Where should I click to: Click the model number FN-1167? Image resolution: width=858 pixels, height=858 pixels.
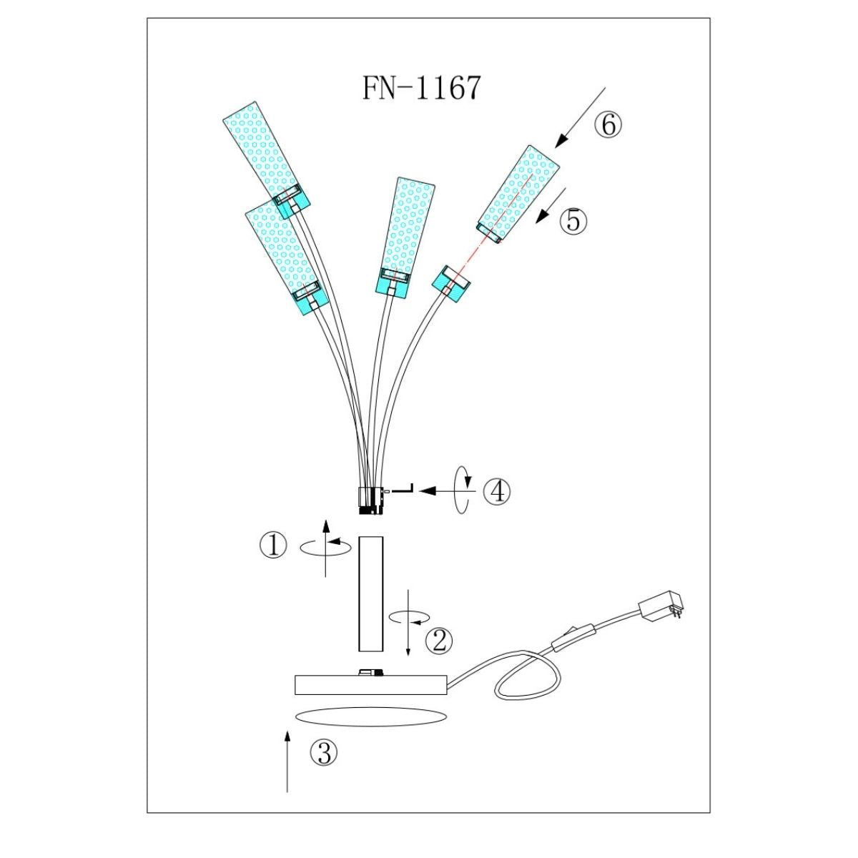pos(421,88)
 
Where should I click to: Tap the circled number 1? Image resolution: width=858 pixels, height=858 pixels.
pos(272,547)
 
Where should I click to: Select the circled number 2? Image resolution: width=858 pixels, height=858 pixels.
pos(439,640)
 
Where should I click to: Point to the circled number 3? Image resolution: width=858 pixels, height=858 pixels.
pos(323,752)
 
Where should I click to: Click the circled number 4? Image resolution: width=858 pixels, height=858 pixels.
pos(496,491)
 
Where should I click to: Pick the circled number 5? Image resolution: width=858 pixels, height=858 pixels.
pos(573,221)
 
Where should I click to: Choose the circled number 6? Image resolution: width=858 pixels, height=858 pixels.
pos(608,125)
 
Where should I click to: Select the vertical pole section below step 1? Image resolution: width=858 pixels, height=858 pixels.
pos(370,593)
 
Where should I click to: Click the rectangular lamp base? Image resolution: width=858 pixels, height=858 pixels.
pos(370,684)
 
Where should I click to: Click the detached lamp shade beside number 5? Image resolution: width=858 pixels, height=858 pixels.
pos(518,194)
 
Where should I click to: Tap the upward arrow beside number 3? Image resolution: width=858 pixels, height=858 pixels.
pos(287,761)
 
